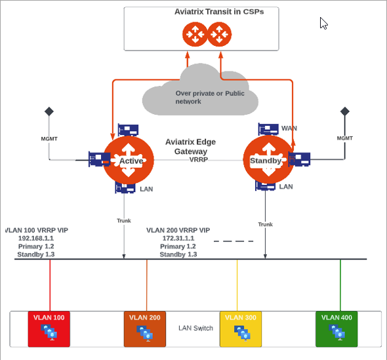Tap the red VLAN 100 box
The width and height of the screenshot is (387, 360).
[x=51, y=329]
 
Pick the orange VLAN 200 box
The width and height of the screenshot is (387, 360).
[x=146, y=329]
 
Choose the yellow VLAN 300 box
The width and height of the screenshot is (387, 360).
[x=238, y=329]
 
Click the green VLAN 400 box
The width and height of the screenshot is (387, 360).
[x=337, y=329]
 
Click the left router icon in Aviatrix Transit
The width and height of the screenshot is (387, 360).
[x=194, y=34]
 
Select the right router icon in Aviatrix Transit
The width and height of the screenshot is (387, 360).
[x=219, y=34]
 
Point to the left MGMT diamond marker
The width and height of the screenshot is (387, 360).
[x=48, y=111]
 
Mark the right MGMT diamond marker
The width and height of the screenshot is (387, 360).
[x=343, y=111]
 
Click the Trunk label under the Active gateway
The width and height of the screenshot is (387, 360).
[x=124, y=220]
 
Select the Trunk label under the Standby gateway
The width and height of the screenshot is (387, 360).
[x=265, y=224]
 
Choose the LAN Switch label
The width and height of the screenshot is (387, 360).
[x=195, y=328]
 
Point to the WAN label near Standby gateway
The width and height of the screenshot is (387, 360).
[x=289, y=128]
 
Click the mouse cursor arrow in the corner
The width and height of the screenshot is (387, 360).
[x=323, y=23]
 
